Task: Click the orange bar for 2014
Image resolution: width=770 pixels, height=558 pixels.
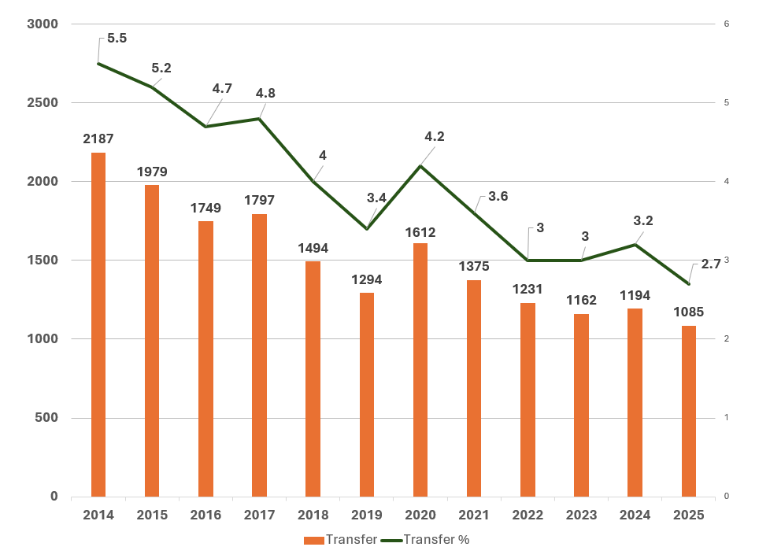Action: [x=98, y=324]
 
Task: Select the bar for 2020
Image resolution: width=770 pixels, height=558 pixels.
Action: [x=420, y=370]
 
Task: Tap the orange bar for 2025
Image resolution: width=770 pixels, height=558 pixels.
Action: [x=689, y=411]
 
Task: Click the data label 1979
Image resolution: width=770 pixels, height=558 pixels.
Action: [x=152, y=172]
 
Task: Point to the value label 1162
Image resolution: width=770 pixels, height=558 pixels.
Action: [x=581, y=300]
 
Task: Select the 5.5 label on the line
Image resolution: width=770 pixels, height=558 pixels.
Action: [x=117, y=38]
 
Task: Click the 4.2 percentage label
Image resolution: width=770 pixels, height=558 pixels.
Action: [x=435, y=136]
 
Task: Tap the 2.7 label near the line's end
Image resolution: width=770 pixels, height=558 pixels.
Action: [x=711, y=264]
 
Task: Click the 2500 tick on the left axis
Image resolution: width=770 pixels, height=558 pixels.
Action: [x=43, y=103]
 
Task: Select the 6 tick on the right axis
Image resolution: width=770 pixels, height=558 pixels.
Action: [x=727, y=24]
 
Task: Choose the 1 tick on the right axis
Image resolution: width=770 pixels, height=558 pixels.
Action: [x=727, y=418]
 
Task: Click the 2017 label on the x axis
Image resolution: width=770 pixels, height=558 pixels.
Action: [x=259, y=516]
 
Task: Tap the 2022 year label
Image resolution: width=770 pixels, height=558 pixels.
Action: [x=528, y=516]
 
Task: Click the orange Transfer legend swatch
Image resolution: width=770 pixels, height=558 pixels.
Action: [x=314, y=540]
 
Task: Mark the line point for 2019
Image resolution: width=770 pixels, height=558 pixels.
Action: [x=367, y=229]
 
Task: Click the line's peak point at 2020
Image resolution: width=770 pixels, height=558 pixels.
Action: [x=420, y=166]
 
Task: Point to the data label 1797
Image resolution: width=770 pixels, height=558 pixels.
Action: [x=259, y=200]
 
